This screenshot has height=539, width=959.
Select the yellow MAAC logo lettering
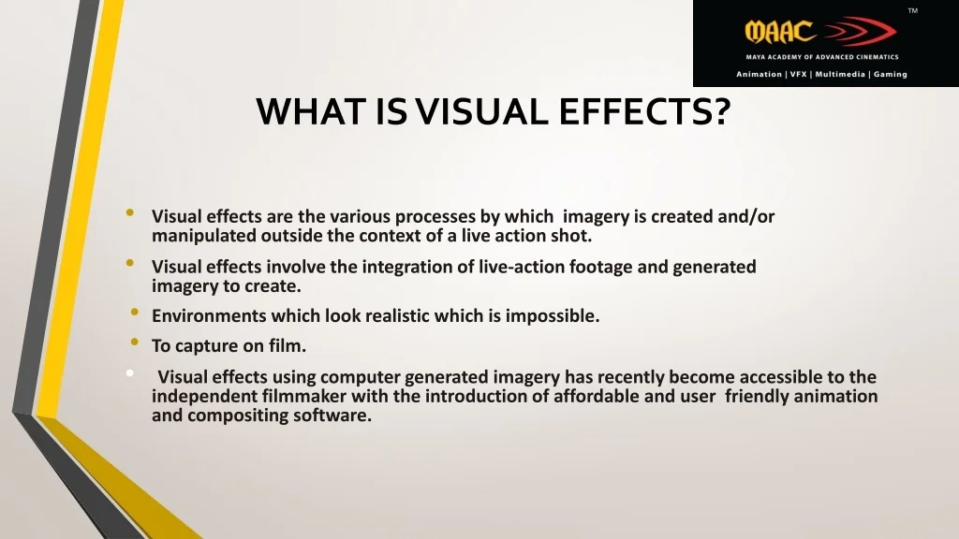(x=780, y=32)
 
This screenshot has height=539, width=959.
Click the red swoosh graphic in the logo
(x=859, y=31)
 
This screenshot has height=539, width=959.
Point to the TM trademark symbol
(x=912, y=10)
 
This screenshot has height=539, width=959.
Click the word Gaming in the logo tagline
(x=890, y=74)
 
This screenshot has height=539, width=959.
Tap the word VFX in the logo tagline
(x=798, y=74)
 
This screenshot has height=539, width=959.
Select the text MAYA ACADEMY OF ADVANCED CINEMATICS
(x=822, y=57)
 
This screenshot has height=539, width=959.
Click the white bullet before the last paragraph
(x=129, y=372)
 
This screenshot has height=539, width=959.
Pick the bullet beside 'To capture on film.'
(x=135, y=342)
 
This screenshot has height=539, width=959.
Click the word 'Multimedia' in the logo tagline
(x=840, y=74)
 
